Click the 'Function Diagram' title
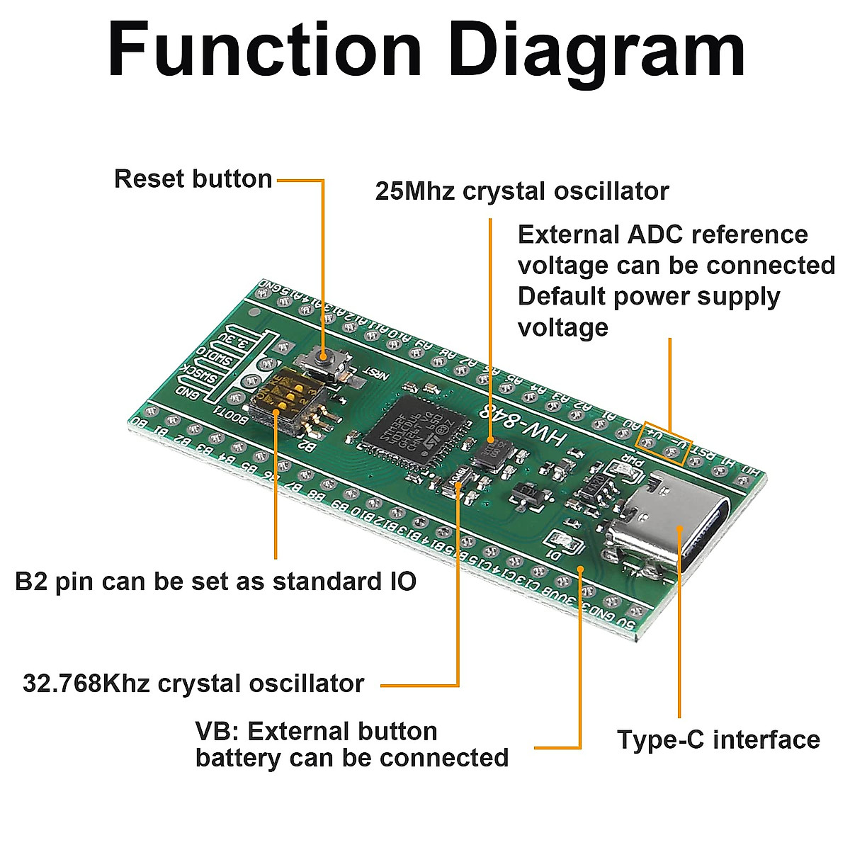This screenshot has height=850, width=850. (x=426, y=51)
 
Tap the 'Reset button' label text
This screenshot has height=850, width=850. (x=193, y=179)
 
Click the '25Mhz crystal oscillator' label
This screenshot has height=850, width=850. (x=521, y=191)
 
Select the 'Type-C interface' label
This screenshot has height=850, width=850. (x=718, y=739)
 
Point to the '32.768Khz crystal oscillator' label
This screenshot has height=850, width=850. (x=193, y=684)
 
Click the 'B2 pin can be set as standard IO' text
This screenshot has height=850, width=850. (x=215, y=582)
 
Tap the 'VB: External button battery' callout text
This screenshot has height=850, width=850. (x=351, y=744)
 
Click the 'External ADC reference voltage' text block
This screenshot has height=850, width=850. (x=676, y=280)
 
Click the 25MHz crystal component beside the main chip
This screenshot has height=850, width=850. (x=493, y=452)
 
